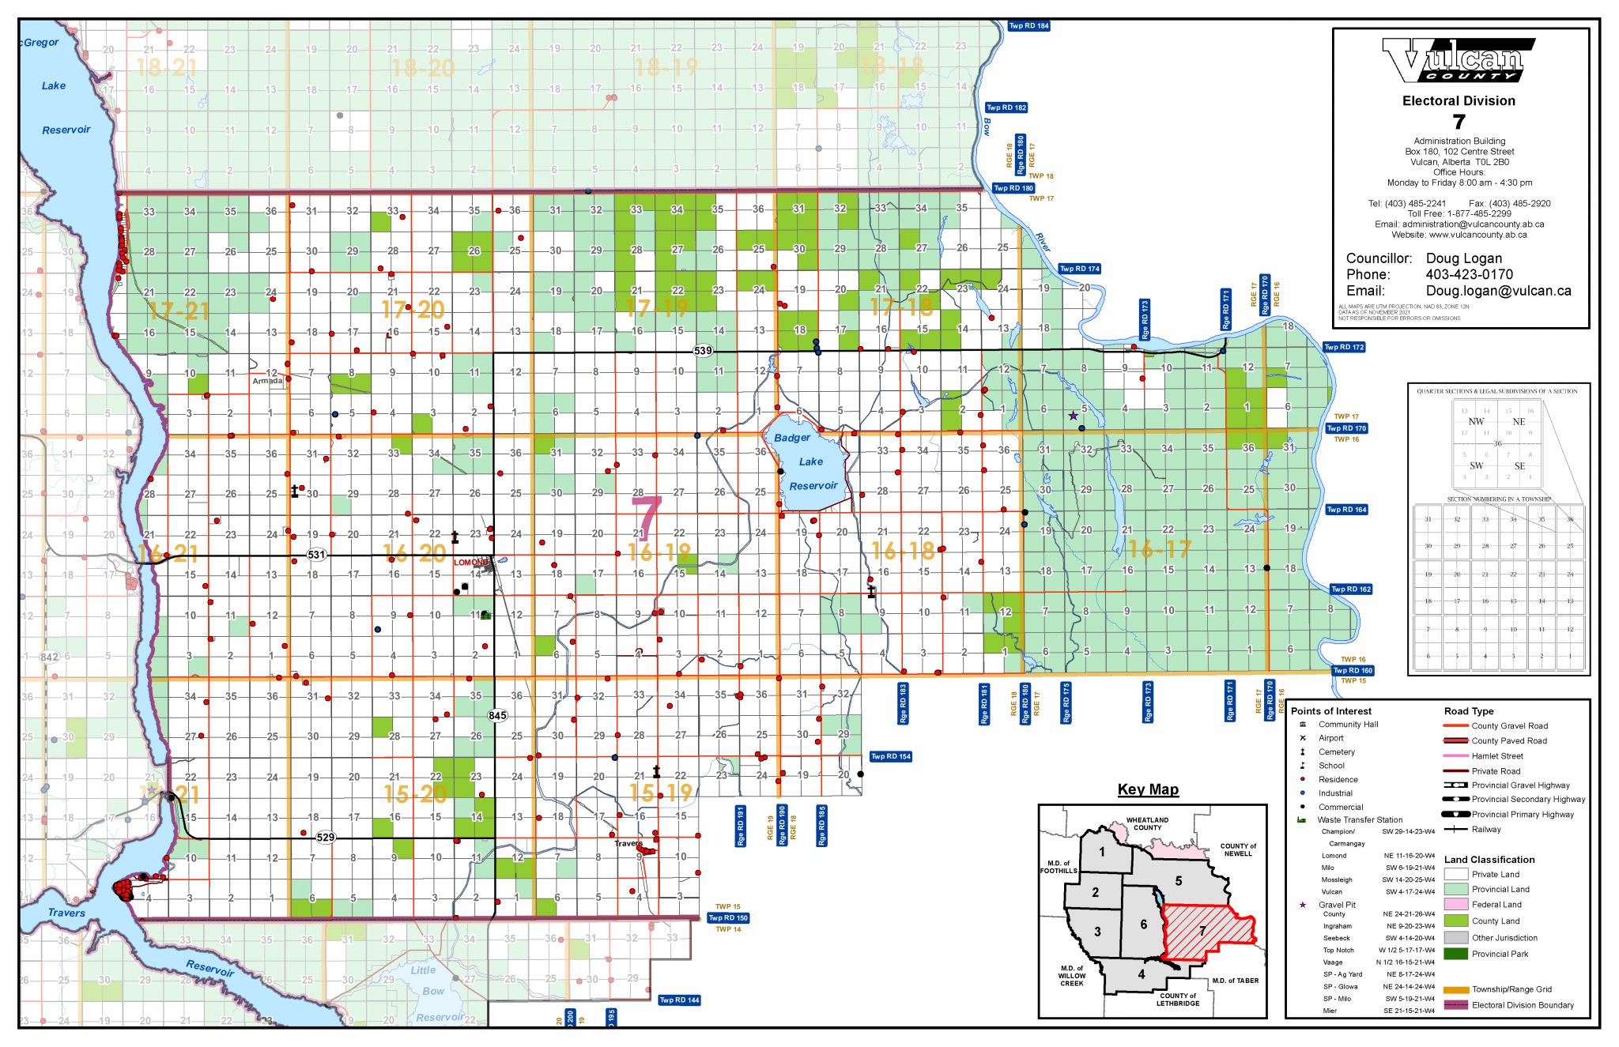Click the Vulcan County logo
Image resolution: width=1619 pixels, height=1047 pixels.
tap(1453, 60)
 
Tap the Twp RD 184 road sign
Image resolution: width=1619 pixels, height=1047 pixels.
tap(1028, 26)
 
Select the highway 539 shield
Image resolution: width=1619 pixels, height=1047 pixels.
tap(703, 351)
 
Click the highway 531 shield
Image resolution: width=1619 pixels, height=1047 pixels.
tap(316, 555)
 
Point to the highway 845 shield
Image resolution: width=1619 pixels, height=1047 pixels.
tap(497, 716)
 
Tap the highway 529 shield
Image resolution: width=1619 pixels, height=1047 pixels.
tap(325, 838)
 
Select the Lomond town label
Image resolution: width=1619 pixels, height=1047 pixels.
tap(471, 563)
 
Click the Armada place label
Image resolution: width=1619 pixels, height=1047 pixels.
tap(267, 381)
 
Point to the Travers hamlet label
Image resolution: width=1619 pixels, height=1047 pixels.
tap(628, 843)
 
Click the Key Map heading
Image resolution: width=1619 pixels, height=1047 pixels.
tap(1148, 789)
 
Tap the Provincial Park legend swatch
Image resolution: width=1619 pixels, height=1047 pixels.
tap(1455, 954)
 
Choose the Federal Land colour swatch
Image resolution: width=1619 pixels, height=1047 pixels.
tap(1455, 904)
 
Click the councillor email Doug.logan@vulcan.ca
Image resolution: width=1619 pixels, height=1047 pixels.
tap(1498, 291)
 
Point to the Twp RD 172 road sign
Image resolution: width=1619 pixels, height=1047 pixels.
tap(1344, 347)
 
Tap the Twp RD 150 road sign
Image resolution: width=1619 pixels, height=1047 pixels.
tap(727, 918)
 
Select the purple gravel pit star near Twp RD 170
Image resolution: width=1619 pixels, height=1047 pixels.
tap(1073, 416)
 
